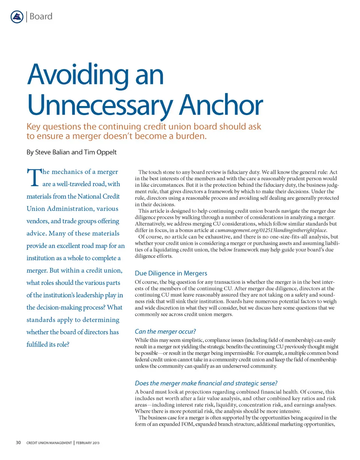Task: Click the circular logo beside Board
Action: [x=16, y=17]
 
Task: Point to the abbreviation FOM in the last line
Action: [x=185, y=424]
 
